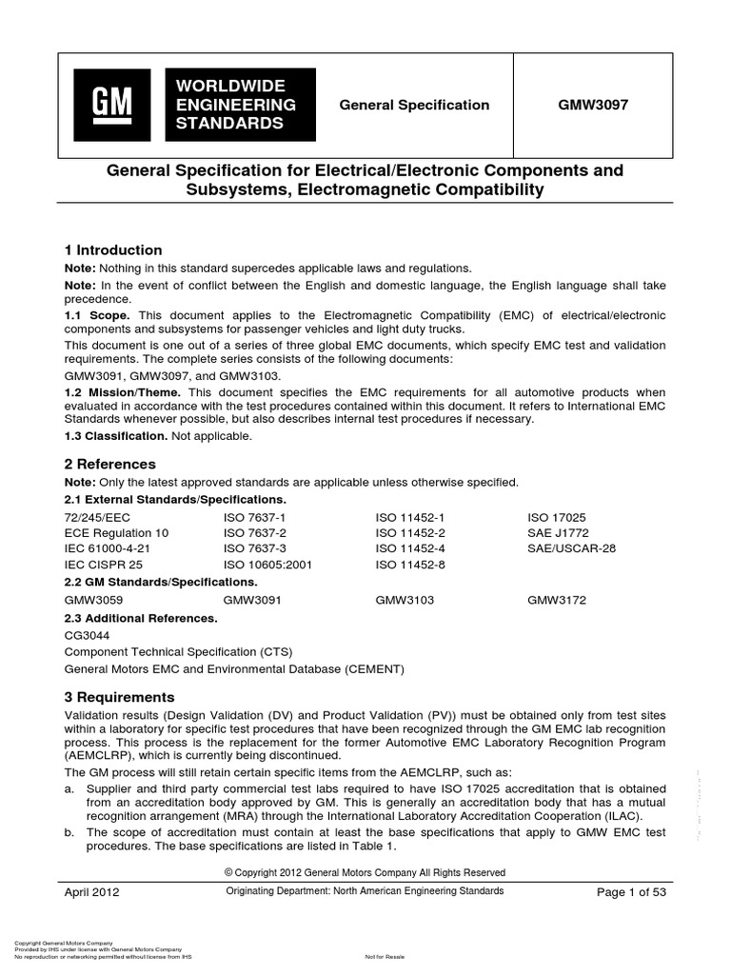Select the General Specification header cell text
414,106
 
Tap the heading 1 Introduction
112,250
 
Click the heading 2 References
109,465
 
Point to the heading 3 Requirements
119,698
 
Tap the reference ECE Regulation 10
116,533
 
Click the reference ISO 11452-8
410,565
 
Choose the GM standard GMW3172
560,601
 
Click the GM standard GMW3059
93,601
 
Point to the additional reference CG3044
89,635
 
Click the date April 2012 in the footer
91,892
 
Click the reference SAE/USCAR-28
574,548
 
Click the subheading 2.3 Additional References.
141,618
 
